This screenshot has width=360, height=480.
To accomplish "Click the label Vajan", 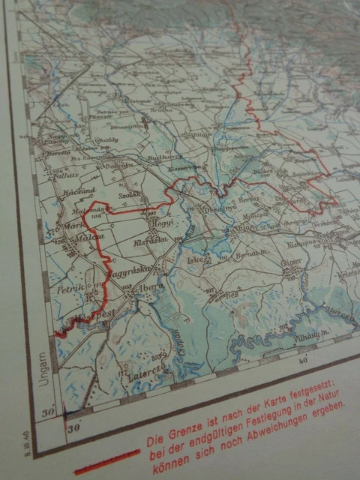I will [244, 228].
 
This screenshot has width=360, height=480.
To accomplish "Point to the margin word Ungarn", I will [43, 368].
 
